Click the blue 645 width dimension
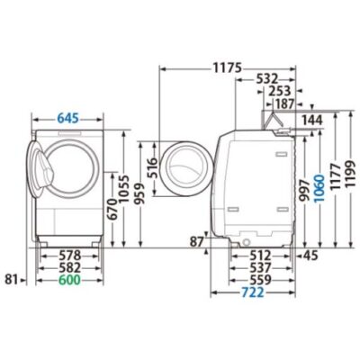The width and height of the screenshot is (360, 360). click(x=67, y=119)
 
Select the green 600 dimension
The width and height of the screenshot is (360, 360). click(x=69, y=280)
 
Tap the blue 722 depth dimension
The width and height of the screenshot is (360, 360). click(x=253, y=292)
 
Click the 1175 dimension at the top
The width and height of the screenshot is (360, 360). click(x=228, y=67)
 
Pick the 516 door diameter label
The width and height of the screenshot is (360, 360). click(x=152, y=168)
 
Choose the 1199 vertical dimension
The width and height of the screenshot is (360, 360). click(x=350, y=175)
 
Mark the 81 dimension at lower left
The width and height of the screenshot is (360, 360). click(x=11, y=280)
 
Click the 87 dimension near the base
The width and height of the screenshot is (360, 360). click(x=197, y=242)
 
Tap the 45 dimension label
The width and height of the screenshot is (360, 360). click(x=310, y=256)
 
